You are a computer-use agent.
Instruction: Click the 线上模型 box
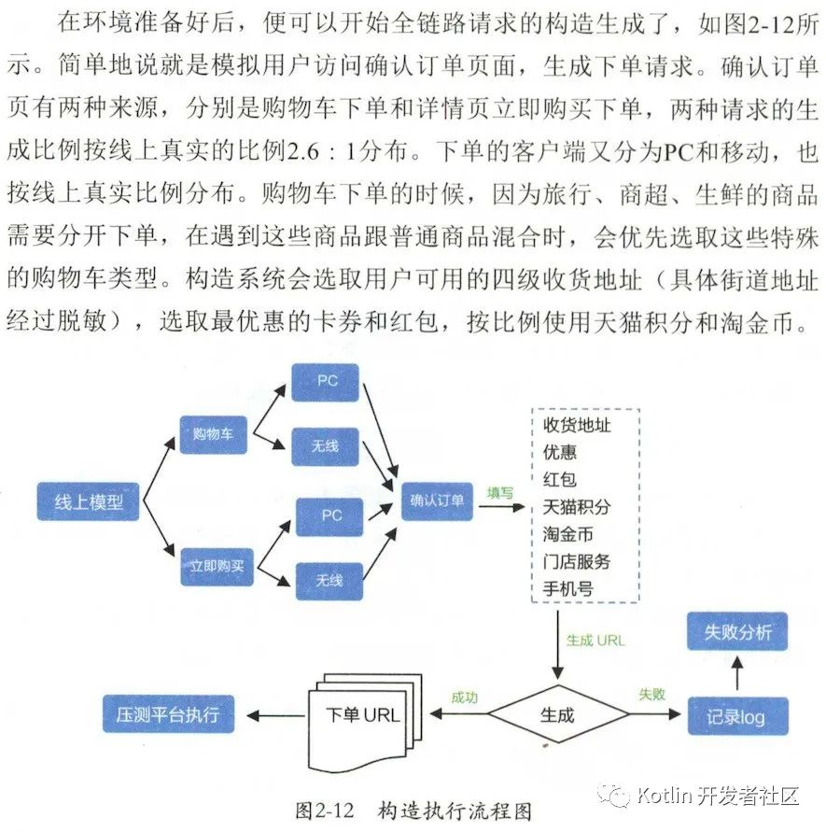coord(89,502)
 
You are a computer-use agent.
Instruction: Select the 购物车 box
coord(213,434)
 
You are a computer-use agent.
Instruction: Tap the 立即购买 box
coord(217,565)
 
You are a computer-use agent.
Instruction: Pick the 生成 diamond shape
coord(557,715)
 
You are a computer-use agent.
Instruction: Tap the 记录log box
coord(736,717)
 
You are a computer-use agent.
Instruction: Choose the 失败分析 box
coord(736,632)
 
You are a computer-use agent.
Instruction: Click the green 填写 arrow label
coord(500,492)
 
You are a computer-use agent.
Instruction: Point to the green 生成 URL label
coord(595,641)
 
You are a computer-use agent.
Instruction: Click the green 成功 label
coord(464,697)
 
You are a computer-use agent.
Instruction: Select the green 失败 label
coord(651,696)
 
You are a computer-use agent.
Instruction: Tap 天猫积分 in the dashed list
coord(577,507)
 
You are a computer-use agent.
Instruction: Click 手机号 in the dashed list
coord(567,589)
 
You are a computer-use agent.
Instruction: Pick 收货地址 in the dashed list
coord(577,425)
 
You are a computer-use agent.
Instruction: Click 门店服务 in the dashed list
coord(577,561)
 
